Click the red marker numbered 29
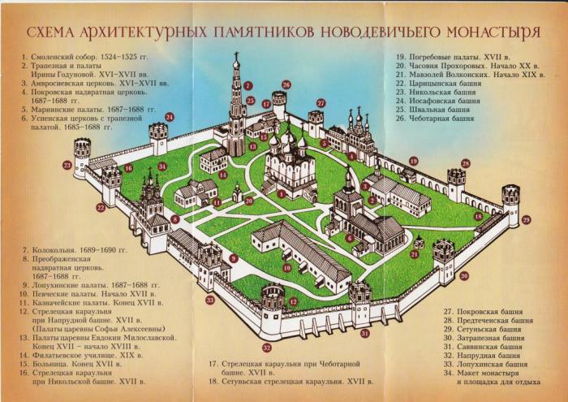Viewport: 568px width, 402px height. [526, 220]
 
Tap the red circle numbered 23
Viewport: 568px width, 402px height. [100, 208]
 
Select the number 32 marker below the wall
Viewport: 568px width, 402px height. [267, 348]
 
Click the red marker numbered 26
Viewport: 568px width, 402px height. [286, 84]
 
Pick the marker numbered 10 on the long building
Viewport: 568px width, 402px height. [286, 268]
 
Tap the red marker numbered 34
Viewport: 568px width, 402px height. [161, 166]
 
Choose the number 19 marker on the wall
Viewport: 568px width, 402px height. [413, 161]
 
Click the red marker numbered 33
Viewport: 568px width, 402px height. [210, 300]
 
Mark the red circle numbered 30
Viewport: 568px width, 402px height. [463, 275]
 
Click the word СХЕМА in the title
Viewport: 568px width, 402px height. [53, 32]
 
